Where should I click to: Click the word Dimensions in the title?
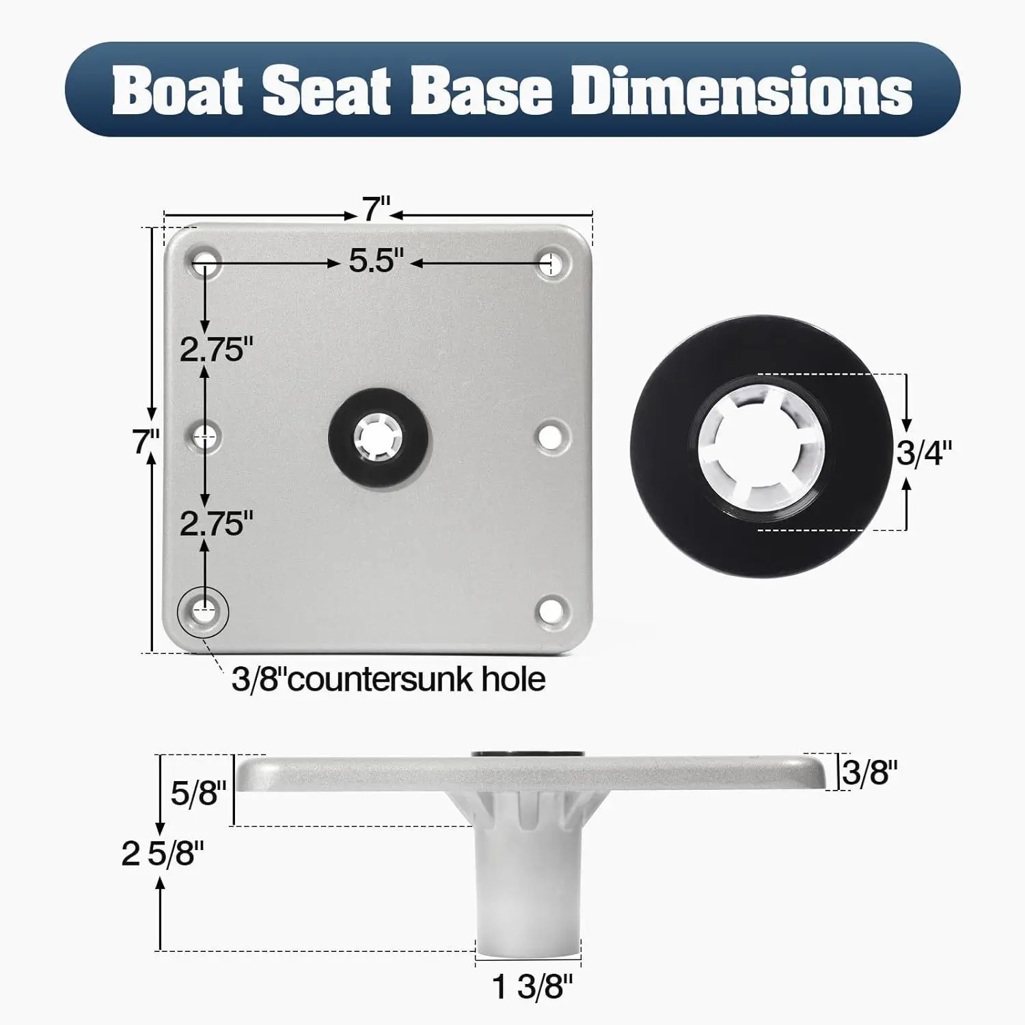[x=741, y=90]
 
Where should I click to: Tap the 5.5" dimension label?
[x=377, y=261]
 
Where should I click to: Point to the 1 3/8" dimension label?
[x=532, y=987]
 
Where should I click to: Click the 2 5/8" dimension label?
[x=163, y=853]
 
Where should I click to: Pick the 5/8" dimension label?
[x=198, y=793]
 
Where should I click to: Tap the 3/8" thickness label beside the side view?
[x=869, y=773]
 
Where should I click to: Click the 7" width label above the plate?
[x=376, y=210]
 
